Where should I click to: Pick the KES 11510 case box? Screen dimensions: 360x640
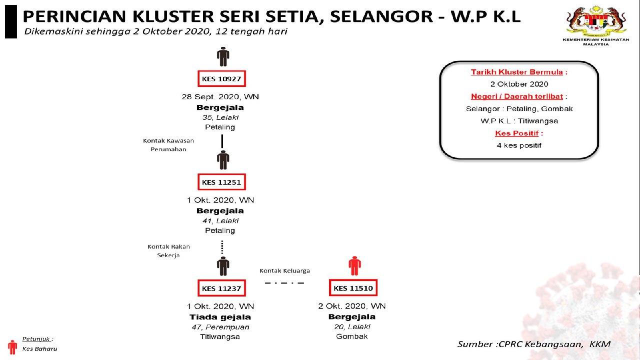353,288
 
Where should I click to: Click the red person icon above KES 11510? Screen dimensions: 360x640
354,265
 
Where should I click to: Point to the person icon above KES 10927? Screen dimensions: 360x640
223,56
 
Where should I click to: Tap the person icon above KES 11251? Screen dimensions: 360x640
223,160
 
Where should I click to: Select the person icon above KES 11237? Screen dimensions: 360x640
223,266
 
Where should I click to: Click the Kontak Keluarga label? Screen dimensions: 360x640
284,270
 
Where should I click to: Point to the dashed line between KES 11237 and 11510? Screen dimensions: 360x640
284,283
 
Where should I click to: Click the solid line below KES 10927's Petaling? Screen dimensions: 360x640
222,141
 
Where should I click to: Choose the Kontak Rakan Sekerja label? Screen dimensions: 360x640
168,250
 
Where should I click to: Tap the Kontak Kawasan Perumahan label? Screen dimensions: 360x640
168,145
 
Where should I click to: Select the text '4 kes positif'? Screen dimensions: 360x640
519,145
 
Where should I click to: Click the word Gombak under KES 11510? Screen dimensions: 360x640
352,336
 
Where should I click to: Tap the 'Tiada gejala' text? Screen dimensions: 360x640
220,317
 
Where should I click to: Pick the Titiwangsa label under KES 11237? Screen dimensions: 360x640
220,336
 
